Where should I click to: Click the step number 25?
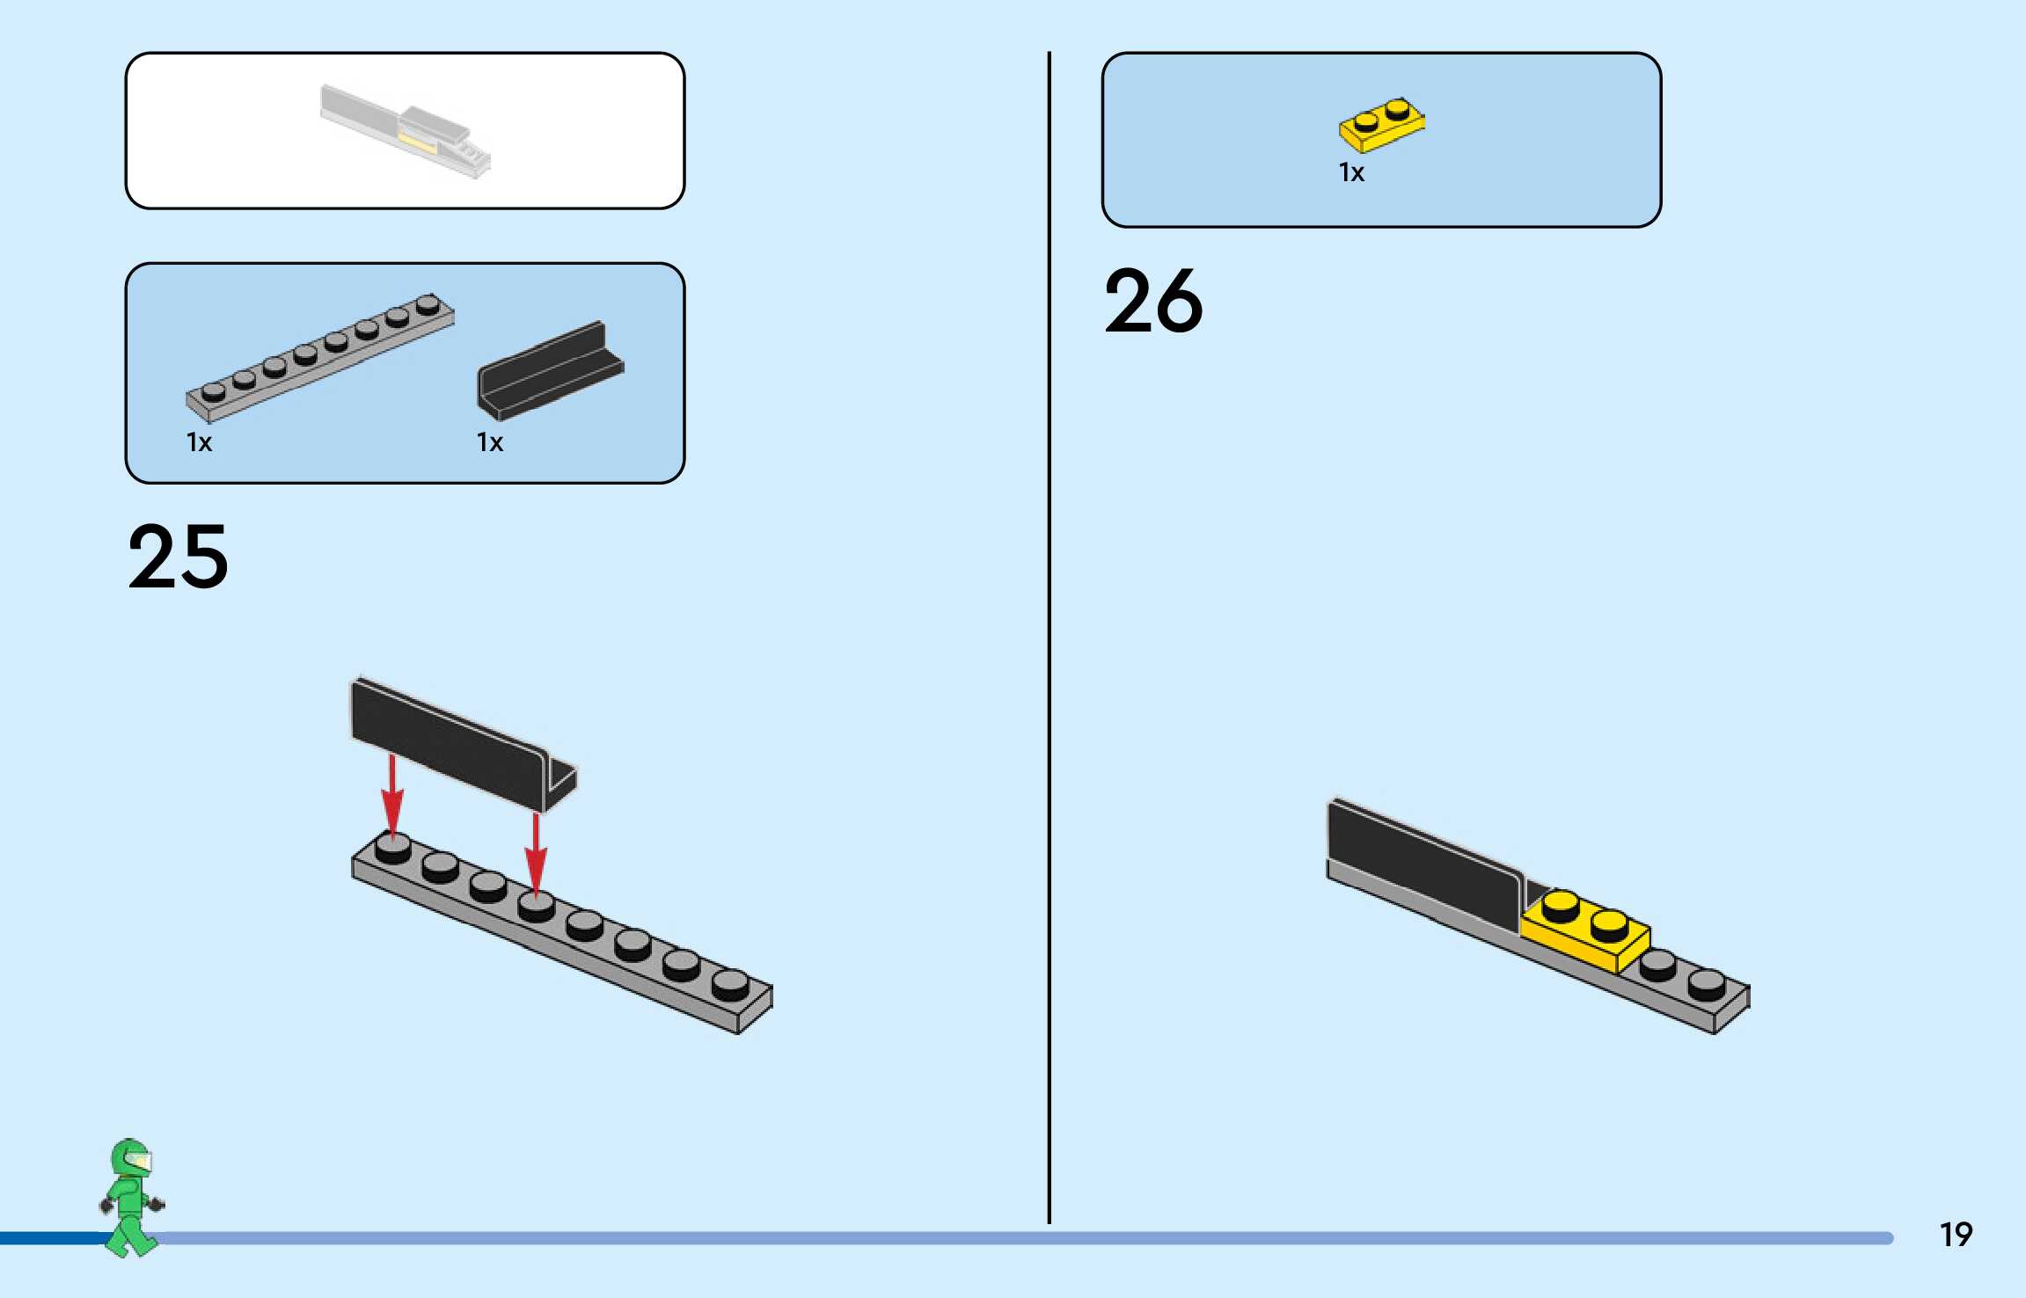[x=179, y=557]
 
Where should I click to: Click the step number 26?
[x=1153, y=302]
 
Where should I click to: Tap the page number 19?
[x=1956, y=1235]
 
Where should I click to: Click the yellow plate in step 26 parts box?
[x=1381, y=126]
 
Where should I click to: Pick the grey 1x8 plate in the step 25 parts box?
[x=320, y=357]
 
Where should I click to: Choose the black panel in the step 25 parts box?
[x=550, y=372]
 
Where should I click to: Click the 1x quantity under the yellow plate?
[x=1351, y=172]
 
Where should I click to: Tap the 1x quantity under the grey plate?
[x=199, y=442]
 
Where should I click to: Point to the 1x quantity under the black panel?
[x=490, y=442]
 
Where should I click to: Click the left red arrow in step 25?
[x=392, y=795]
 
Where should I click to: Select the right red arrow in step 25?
[x=536, y=853]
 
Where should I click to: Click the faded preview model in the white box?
[x=406, y=130]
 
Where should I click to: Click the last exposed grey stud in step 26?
[x=1707, y=983]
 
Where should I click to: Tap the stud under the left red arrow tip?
[x=392, y=848]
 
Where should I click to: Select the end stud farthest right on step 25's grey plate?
[x=730, y=985]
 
